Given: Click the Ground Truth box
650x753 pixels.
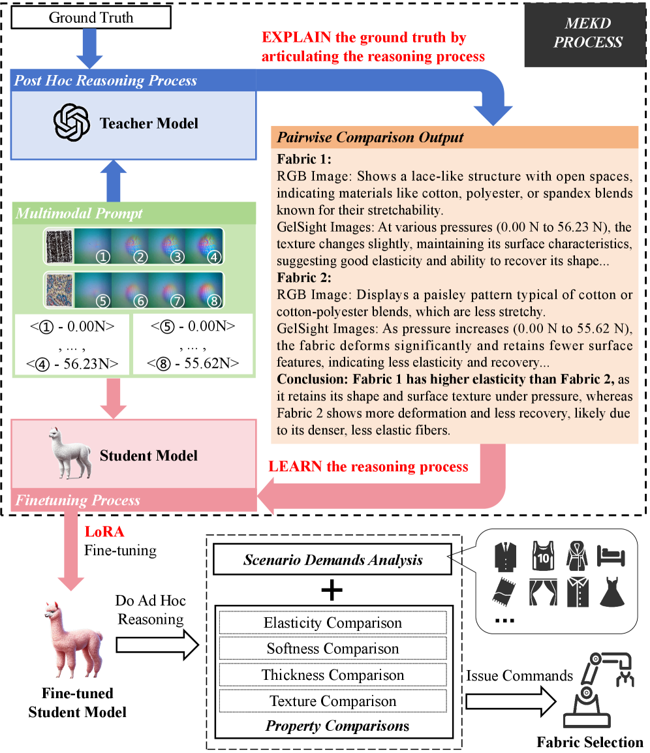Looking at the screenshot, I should click(x=91, y=18).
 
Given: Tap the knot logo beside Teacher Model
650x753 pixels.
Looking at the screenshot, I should click(x=70, y=123).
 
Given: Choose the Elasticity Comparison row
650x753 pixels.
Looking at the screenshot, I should click(x=333, y=623).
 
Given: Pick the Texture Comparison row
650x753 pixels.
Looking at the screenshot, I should click(x=333, y=701).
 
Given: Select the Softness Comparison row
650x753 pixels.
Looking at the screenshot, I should click(x=333, y=649).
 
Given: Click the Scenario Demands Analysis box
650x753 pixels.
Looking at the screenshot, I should click(x=333, y=560).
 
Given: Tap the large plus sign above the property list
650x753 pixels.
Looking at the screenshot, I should click(x=333, y=591).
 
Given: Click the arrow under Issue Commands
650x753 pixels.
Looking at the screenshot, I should click(x=512, y=701).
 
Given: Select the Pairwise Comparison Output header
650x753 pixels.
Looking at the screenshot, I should click(x=454, y=138).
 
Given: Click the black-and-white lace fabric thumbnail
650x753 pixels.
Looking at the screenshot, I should click(x=57, y=245).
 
